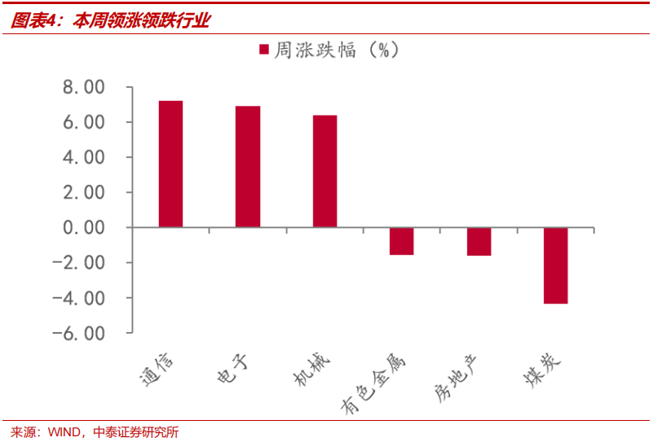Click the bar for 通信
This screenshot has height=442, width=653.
click(x=170, y=164)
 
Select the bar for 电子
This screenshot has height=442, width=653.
click(x=248, y=167)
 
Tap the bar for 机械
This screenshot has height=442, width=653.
click(x=324, y=171)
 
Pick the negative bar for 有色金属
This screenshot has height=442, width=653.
click(x=401, y=241)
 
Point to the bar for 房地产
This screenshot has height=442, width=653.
click(x=479, y=242)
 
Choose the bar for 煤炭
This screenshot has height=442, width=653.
click(x=555, y=265)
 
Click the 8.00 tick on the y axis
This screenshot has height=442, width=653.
click(x=84, y=87)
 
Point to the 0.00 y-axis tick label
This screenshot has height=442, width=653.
click(x=84, y=228)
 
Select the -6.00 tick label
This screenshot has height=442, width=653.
click(x=79, y=333)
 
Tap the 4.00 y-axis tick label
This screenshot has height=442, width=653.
click(x=84, y=157)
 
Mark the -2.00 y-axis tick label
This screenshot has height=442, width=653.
click(x=79, y=263)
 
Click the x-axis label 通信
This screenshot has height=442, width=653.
click(x=157, y=368)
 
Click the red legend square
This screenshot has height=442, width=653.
click(x=263, y=50)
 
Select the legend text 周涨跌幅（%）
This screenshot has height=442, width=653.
click(x=336, y=50)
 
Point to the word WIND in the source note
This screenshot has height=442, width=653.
click(x=64, y=432)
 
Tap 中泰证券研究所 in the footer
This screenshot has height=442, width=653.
click(x=136, y=432)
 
